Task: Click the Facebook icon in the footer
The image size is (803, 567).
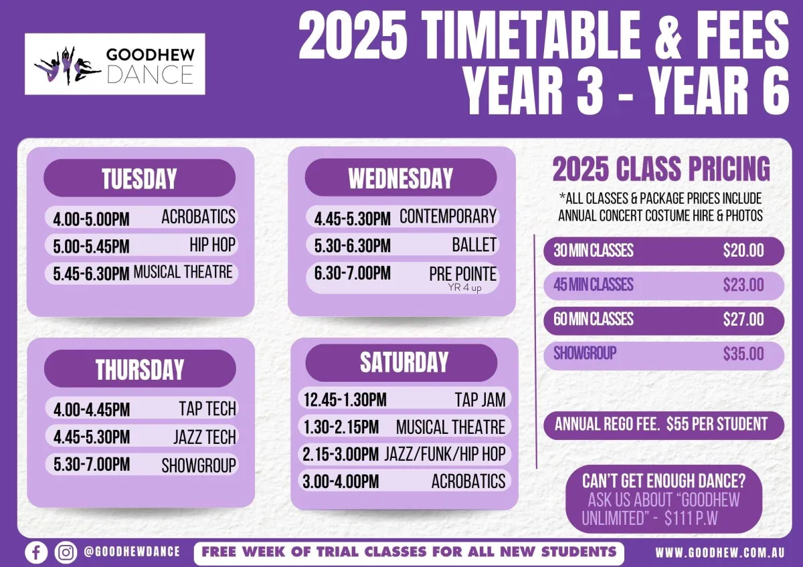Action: point(36,552)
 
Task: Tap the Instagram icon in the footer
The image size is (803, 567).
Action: point(66,552)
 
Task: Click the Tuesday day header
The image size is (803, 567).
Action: point(139,178)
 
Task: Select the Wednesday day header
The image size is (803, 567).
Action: point(401,178)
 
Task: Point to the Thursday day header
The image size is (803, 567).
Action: point(140,368)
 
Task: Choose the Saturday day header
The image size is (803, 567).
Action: point(401,363)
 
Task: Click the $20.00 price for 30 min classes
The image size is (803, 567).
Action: point(743,251)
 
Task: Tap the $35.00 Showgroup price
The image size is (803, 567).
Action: point(743,354)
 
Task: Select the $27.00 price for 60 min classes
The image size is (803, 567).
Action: point(743,320)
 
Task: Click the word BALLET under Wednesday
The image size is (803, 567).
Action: point(474,245)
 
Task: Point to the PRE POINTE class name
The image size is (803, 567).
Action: point(463,274)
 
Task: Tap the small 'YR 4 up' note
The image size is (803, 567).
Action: point(464,288)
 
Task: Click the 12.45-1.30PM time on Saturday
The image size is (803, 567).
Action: point(345,400)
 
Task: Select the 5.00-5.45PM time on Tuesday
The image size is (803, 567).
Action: point(91,247)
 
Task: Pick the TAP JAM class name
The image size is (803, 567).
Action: point(480,400)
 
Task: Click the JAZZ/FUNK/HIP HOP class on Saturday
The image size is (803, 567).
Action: point(445,454)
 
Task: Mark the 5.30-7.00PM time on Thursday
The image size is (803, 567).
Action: point(92,465)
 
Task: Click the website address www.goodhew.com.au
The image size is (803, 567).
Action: point(720,553)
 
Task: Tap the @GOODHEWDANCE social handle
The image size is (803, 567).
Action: point(132,552)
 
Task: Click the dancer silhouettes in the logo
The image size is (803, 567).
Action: point(67,66)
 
